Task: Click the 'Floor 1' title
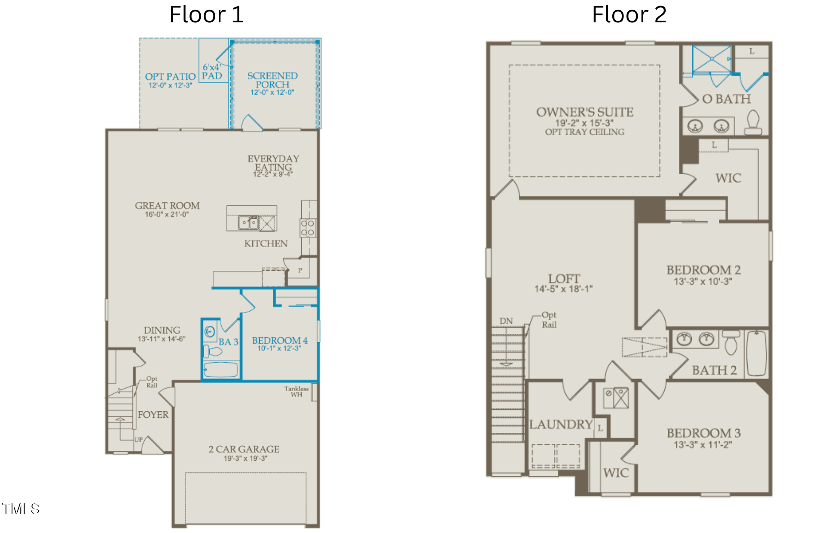tap(206, 15)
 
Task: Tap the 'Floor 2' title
tap(629, 15)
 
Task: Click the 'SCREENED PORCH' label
tap(272, 80)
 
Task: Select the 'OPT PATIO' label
tap(170, 77)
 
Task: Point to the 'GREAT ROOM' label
tap(167, 205)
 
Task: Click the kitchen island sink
tap(248, 223)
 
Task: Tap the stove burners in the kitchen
tap(308, 228)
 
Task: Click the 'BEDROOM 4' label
tap(280, 340)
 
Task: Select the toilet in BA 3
tap(212, 351)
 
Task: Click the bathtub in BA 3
tap(221, 370)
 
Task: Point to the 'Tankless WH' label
tap(296, 391)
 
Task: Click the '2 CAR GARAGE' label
tap(244, 449)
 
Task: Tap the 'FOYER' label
tap(153, 415)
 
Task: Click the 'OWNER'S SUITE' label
tap(585, 112)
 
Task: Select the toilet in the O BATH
tap(753, 122)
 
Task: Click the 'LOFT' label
tap(564, 279)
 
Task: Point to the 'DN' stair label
tap(506, 321)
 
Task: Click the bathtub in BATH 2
tap(757, 353)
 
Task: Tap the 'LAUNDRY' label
tap(561, 425)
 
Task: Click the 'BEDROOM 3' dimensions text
tap(703, 444)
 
